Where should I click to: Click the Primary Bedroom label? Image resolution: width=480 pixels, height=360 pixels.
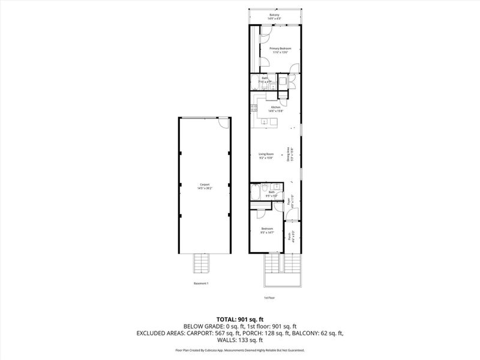[280, 50]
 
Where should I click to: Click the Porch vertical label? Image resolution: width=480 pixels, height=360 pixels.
[290, 236]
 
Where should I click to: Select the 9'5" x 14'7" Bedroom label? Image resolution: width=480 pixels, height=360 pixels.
[267, 230]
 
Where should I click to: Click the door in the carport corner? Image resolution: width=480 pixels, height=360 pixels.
[223, 122]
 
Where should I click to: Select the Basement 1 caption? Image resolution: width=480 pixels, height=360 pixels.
[201, 283]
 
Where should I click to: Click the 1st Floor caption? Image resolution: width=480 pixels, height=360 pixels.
[269, 298]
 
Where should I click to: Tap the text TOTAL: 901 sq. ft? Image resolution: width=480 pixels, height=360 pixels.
[240, 319]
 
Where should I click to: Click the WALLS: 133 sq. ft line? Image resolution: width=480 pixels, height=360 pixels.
[240, 340]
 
